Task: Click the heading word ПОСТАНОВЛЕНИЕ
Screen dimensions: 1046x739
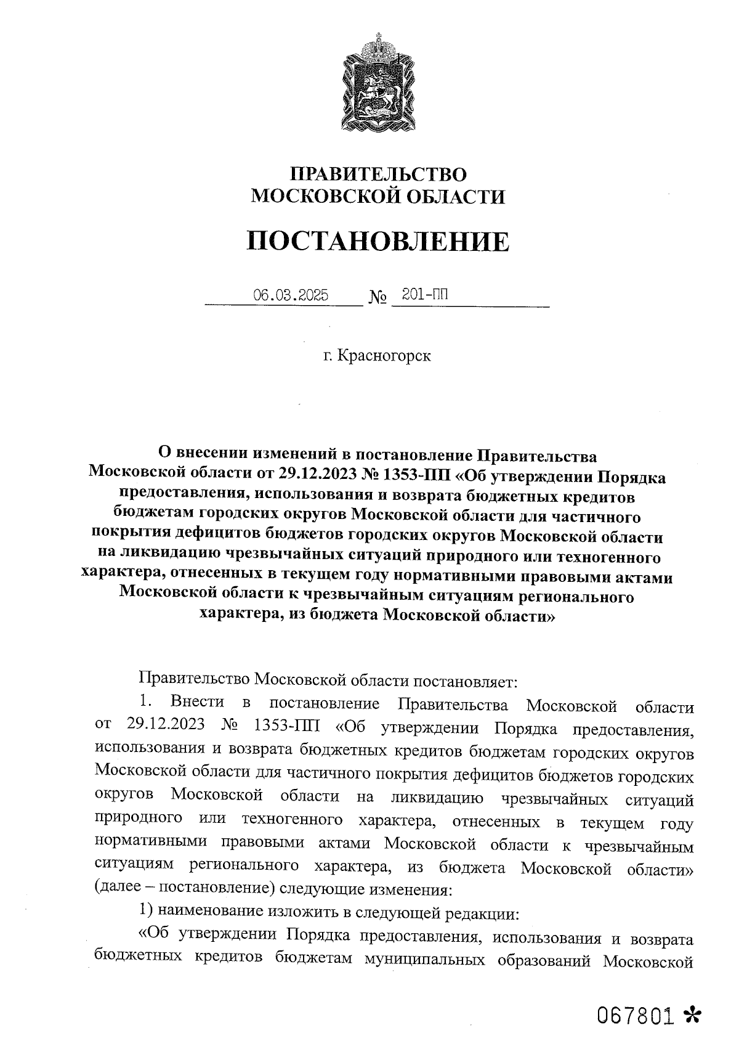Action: (378, 242)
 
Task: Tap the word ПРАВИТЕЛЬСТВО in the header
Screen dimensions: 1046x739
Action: (378, 174)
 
